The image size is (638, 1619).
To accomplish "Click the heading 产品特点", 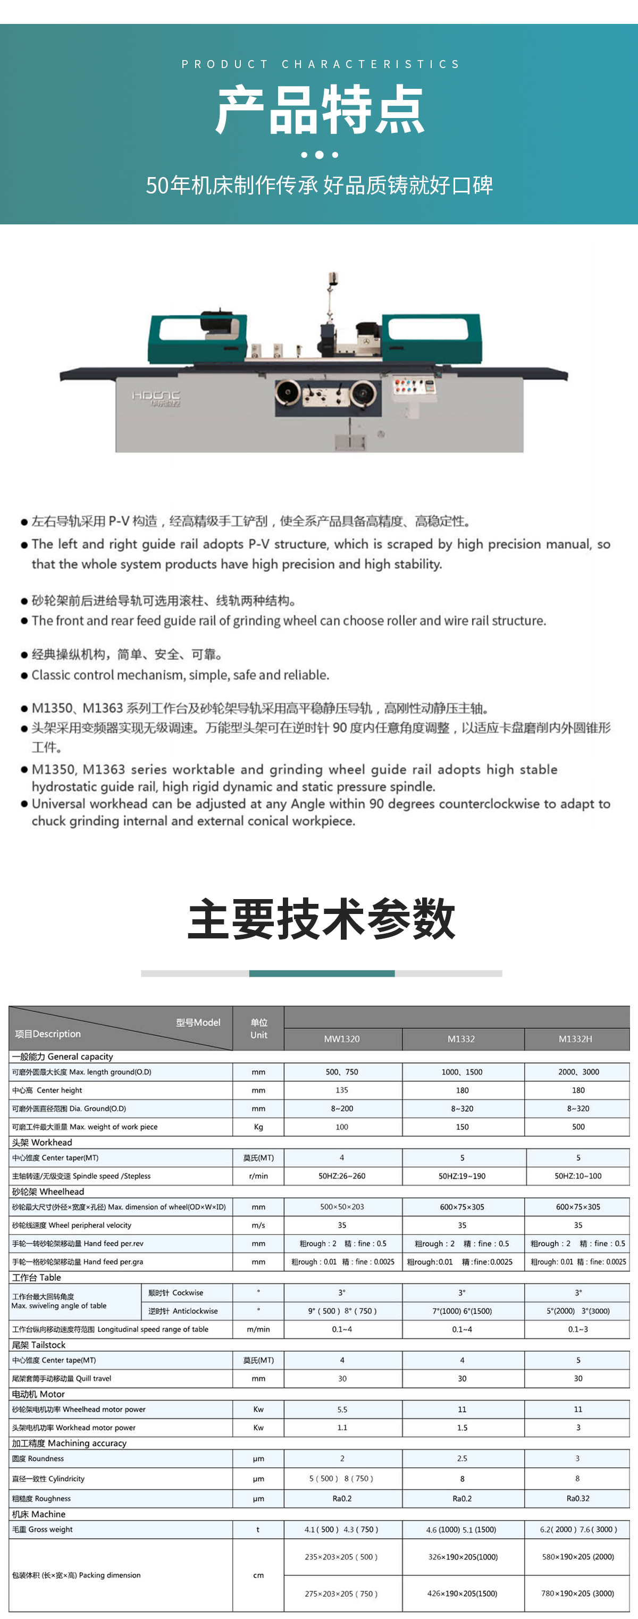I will coord(320,111).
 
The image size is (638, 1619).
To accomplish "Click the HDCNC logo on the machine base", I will coord(156,397).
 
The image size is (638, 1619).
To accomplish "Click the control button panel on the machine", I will coord(414,386).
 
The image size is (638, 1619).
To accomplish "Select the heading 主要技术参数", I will coord(321,919).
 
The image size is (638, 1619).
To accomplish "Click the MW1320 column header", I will coord(342,1039).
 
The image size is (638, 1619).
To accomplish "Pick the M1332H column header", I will coord(575,1039).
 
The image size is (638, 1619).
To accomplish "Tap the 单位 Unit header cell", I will coord(258,1028).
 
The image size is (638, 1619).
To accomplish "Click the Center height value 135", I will coord(342,1090).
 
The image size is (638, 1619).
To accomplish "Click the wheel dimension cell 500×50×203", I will coord(342,1207).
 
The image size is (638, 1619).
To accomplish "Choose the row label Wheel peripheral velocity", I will coord(72,1225).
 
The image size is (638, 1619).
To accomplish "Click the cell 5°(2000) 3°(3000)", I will coord(578,1311).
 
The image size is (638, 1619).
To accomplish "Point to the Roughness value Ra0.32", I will coord(578,1498).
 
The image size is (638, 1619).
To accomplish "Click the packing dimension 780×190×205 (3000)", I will coord(578,1593).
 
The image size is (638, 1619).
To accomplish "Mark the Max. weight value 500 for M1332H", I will coord(578,1127).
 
